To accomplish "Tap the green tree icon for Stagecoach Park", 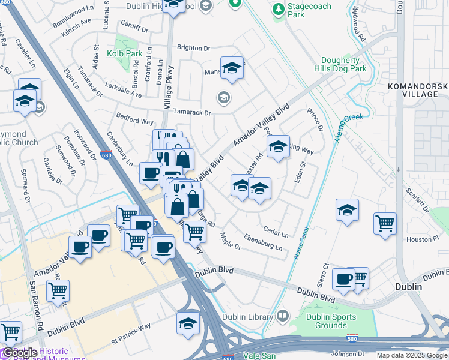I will pos(277,9).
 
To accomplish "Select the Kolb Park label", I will pos(122,53).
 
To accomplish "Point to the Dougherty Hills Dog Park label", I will pos(335,64).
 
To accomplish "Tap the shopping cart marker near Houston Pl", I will pos(385,223).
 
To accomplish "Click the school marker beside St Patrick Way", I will pos(188,322).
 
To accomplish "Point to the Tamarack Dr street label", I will pos(192,112).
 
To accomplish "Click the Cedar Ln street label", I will pos(276,231).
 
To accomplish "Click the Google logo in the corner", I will pos(19,352).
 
